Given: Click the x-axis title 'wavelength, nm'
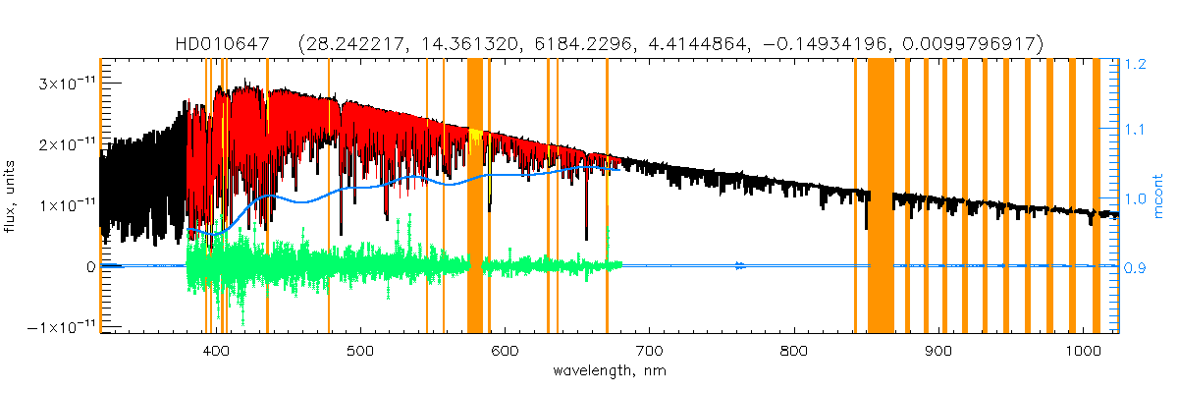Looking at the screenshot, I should [609, 371].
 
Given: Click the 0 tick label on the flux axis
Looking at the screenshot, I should [88, 266].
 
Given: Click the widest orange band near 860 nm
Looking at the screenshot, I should [881, 196].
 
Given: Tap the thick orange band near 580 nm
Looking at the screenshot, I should [475, 196].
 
